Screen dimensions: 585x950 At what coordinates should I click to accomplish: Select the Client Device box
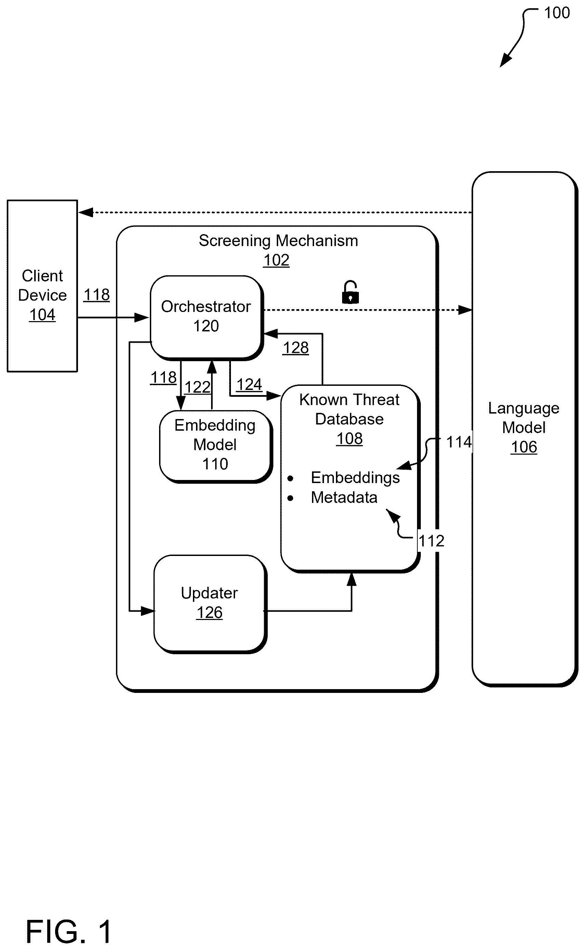click(x=42, y=286)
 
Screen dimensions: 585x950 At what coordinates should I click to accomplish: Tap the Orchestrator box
click(x=207, y=317)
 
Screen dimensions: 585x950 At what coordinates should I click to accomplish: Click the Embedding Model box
click(x=216, y=446)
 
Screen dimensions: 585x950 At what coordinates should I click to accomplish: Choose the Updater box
click(x=210, y=604)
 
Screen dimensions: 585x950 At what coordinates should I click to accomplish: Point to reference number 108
click(x=349, y=439)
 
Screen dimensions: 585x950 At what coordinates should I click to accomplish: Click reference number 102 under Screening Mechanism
click(x=276, y=260)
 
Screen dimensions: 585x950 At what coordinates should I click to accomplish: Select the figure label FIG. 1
click(x=69, y=931)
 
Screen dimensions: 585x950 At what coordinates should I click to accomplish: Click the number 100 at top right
click(x=557, y=13)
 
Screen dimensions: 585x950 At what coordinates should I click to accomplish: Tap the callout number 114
click(x=459, y=442)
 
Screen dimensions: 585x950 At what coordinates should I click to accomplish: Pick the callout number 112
click(x=431, y=541)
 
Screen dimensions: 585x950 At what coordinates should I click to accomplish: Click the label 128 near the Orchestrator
click(x=296, y=347)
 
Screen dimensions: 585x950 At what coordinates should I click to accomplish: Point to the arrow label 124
click(x=249, y=384)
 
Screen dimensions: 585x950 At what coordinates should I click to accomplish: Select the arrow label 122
click(x=197, y=387)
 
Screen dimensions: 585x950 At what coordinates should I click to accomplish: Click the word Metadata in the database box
click(x=344, y=497)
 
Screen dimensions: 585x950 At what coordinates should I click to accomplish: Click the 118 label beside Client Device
click(x=97, y=295)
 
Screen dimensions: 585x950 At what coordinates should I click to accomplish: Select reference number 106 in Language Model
click(x=524, y=447)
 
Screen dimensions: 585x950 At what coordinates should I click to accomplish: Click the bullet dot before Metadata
click(x=290, y=498)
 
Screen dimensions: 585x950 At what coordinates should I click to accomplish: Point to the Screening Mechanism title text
click(x=278, y=241)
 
